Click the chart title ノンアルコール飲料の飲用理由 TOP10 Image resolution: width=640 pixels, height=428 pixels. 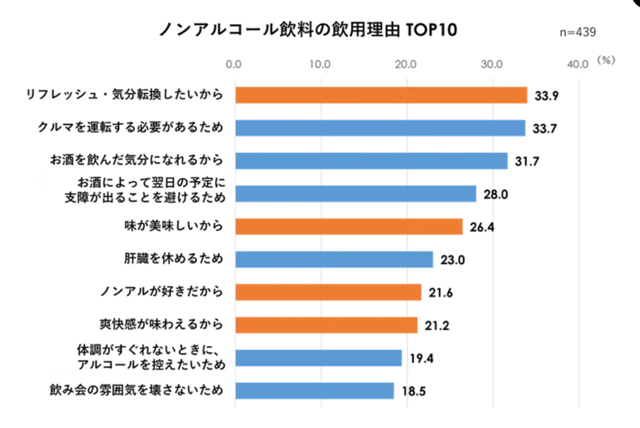[308, 30]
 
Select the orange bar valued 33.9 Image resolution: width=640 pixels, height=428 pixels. [381, 95]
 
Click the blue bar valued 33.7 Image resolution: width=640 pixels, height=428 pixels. [380, 128]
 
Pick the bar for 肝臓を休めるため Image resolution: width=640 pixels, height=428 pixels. [334, 260]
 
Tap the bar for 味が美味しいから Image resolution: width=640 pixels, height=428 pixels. [349, 227]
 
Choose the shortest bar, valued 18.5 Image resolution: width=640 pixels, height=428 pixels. [315, 391]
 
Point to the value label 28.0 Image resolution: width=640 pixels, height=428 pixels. [496, 194]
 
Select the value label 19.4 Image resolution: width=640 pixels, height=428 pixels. [421, 358]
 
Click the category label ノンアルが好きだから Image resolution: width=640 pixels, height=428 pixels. [161, 292]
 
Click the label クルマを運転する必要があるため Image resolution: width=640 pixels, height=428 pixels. [130, 128]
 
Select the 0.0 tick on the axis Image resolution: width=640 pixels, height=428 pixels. [234, 64]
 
